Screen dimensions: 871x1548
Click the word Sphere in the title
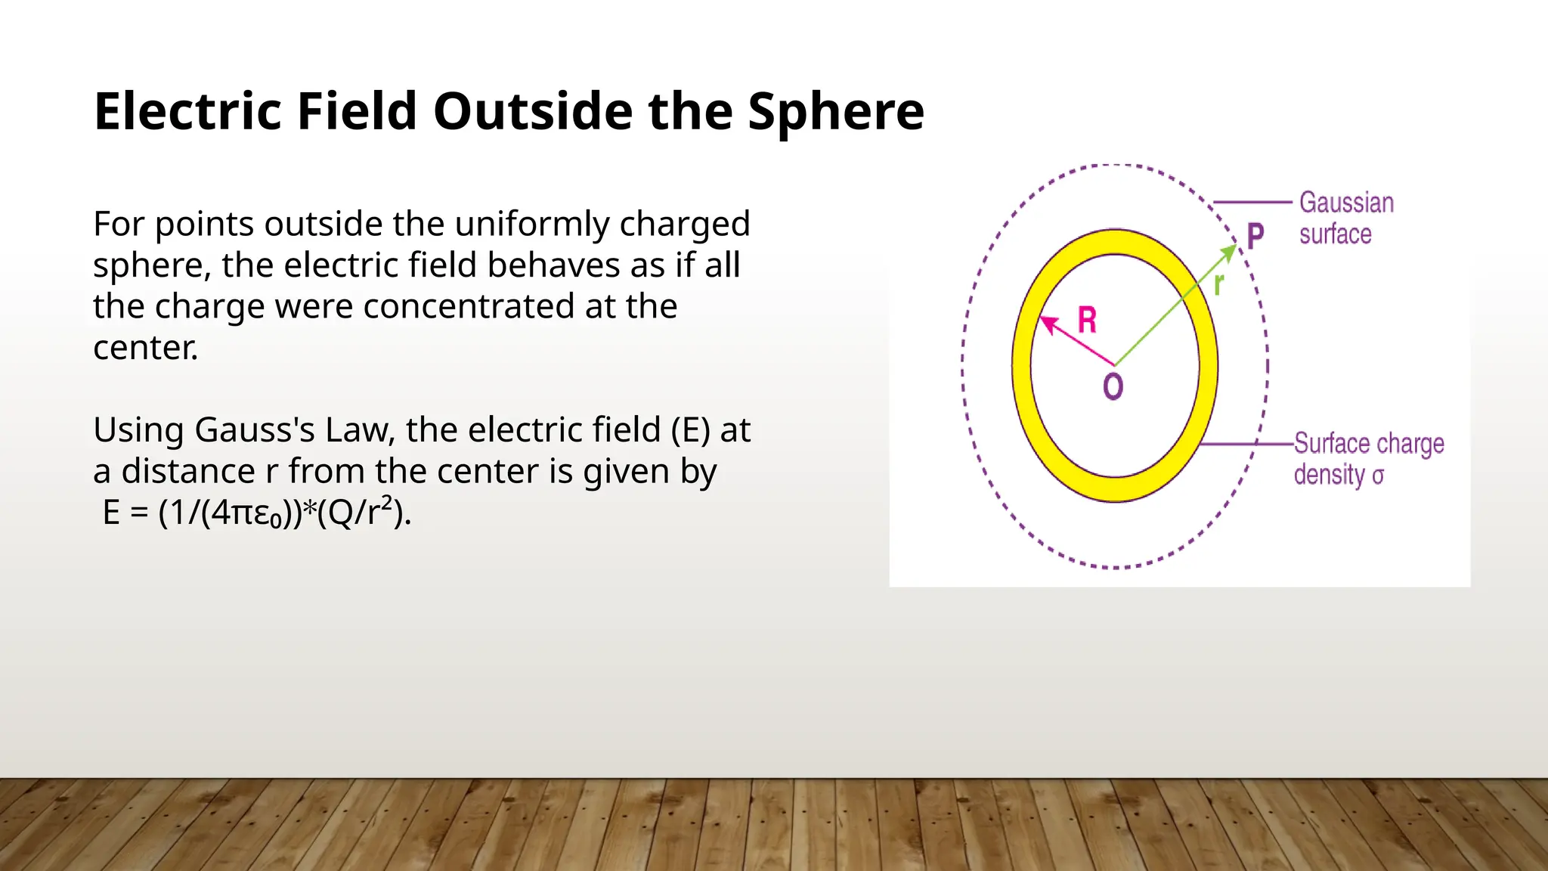click(x=836, y=112)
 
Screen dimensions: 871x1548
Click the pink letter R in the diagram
click(x=1087, y=320)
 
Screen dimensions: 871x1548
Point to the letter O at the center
click(x=1113, y=386)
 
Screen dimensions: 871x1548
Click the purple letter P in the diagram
click(x=1255, y=236)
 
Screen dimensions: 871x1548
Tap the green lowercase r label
click(x=1218, y=285)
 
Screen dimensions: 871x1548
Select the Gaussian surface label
click(x=1345, y=219)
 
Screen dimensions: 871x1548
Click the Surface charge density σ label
click(x=1368, y=459)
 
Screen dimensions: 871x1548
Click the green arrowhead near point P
click(x=1230, y=252)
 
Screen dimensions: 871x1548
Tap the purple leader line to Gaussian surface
click(x=1252, y=203)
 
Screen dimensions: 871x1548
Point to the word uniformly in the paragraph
click(x=532, y=225)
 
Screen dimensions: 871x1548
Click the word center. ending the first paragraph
click(x=145, y=349)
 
